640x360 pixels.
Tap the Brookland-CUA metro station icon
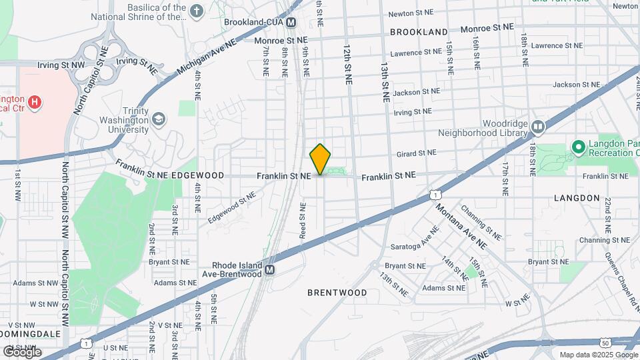(x=291, y=23)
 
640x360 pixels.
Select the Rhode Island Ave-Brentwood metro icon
(x=269, y=270)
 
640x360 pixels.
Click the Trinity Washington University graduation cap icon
(x=159, y=119)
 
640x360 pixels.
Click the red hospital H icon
(x=35, y=103)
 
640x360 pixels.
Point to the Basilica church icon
(x=196, y=11)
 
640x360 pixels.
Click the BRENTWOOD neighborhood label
(x=337, y=293)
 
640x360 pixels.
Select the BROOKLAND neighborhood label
(x=419, y=32)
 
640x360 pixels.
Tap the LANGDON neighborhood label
(x=577, y=198)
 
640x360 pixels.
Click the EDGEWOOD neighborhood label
(x=197, y=175)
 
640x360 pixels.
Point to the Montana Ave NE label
(x=461, y=225)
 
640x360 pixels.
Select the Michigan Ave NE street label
(x=207, y=58)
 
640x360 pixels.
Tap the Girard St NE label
(x=416, y=153)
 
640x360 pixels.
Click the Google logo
(x=22, y=351)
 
